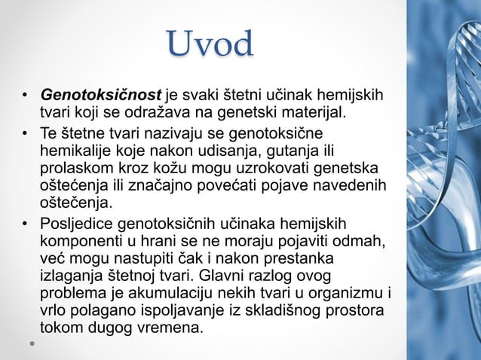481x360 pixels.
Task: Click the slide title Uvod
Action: [x=210, y=44]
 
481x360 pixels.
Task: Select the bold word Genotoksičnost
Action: [x=102, y=96]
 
